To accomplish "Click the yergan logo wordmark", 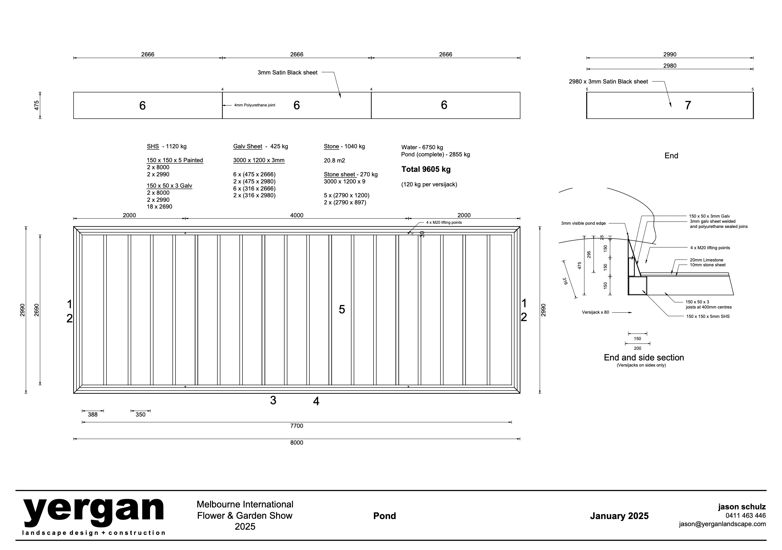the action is pyautogui.click(x=94, y=513).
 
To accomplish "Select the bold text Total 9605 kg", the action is pyautogui.click(x=426, y=169).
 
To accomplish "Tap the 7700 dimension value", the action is pyautogui.click(x=297, y=426).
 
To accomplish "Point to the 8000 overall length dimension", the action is pyautogui.click(x=297, y=442).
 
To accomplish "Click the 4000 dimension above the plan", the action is pyautogui.click(x=297, y=215).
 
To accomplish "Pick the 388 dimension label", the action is pyautogui.click(x=93, y=415).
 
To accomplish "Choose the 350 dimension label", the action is pyautogui.click(x=140, y=415).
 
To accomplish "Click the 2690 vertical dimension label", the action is pyautogui.click(x=37, y=310).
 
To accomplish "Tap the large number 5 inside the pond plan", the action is pyautogui.click(x=342, y=309).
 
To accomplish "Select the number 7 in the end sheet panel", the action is pyautogui.click(x=688, y=105).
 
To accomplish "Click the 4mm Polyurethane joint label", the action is pyautogui.click(x=255, y=105).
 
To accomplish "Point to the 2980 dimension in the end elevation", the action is pyautogui.click(x=670, y=66).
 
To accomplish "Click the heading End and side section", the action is pyautogui.click(x=644, y=357).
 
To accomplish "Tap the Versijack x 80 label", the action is pyautogui.click(x=595, y=312).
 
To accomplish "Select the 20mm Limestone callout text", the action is pyautogui.click(x=707, y=260).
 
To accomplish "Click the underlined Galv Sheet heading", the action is pyautogui.click(x=248, y=146).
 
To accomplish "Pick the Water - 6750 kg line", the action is pyautogui.click(x=422, y=147).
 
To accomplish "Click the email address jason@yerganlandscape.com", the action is pyautogui.click(x=722, y=524).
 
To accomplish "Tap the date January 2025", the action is pyautogui.click(x=619, y=516).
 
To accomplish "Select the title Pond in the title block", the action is pyautogui.click(x=385, y=516).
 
